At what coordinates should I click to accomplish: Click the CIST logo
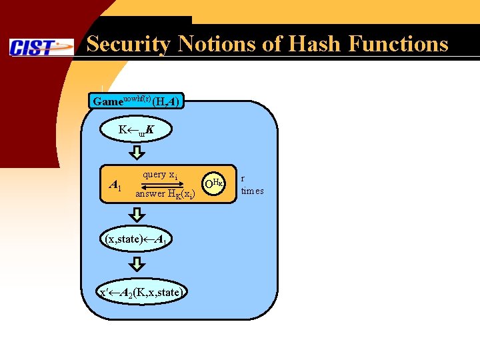41,47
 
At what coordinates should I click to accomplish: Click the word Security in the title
127,44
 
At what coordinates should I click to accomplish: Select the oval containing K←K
136,129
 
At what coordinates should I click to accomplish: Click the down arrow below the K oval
136,154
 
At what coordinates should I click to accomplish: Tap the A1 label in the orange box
115,185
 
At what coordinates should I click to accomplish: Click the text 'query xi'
159,175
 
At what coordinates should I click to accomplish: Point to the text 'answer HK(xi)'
165,194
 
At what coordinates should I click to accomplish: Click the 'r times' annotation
252,185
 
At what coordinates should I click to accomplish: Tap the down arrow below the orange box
136,215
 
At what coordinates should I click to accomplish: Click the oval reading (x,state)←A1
137,239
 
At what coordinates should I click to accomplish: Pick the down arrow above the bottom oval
136,265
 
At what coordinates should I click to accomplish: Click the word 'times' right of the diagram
252,191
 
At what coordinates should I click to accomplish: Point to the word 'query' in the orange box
154,175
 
